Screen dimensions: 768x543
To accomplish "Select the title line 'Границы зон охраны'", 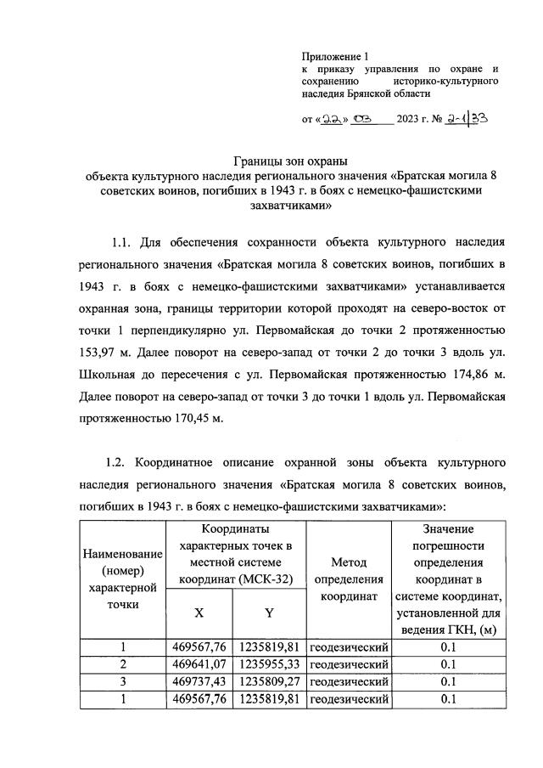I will click(x=292, y=161).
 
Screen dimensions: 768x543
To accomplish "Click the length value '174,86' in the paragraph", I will click(x=450, y=374).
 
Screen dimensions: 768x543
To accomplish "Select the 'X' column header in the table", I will click(x=199, y=612).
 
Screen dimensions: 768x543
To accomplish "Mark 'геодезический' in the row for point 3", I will click(x=349, y=681).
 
